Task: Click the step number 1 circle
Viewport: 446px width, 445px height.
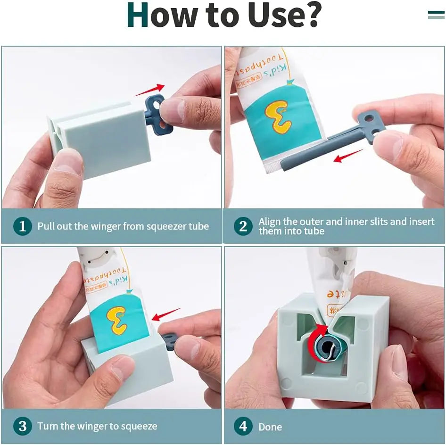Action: point(23,226)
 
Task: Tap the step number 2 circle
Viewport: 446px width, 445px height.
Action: point(243,226)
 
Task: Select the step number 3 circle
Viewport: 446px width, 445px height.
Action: point(23,426)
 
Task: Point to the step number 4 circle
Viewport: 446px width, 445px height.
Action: point(243,427)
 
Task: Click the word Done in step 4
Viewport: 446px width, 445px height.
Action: point(270,427)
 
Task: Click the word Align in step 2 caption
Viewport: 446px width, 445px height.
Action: point(270,221)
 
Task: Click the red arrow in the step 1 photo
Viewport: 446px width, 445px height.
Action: point(149,90)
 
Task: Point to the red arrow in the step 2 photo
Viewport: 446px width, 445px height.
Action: point(348,156)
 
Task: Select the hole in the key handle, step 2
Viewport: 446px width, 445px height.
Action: point(376,115)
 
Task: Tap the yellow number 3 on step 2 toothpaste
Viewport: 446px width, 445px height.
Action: point(278,117)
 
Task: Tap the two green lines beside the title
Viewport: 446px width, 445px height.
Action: point(436,15)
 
